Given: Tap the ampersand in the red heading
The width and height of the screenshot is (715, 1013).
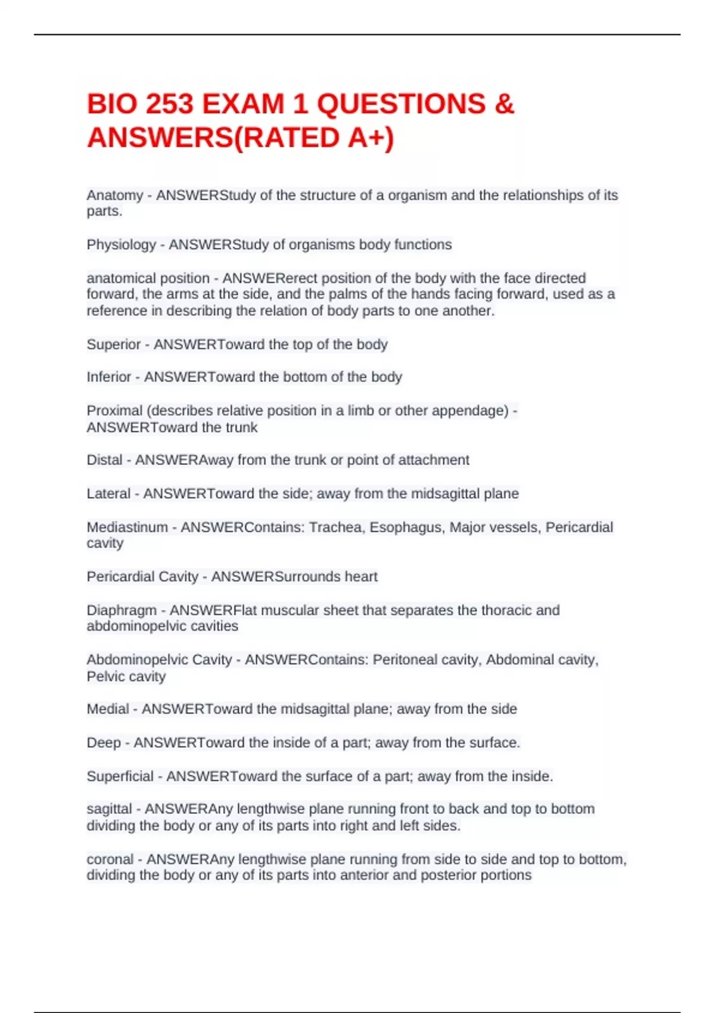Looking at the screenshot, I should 504,104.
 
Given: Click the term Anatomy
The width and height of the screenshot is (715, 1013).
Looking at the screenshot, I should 115,195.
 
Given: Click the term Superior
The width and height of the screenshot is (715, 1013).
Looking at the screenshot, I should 113,344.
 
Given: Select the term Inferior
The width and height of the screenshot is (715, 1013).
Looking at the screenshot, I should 108,377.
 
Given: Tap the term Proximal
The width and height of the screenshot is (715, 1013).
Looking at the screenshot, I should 115,411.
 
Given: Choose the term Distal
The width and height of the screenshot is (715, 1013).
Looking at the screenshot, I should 104,460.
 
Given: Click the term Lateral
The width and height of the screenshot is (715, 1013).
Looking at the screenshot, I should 108,494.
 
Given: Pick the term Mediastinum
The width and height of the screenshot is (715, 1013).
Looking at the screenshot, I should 127,527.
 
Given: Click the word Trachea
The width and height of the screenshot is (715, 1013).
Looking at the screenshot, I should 336,527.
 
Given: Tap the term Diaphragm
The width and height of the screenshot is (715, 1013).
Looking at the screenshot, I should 122,611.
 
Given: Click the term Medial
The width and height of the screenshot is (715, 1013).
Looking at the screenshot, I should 107,709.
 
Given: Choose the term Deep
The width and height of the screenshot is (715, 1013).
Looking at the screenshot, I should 103,743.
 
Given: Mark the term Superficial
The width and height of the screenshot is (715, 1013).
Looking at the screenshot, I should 120,776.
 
